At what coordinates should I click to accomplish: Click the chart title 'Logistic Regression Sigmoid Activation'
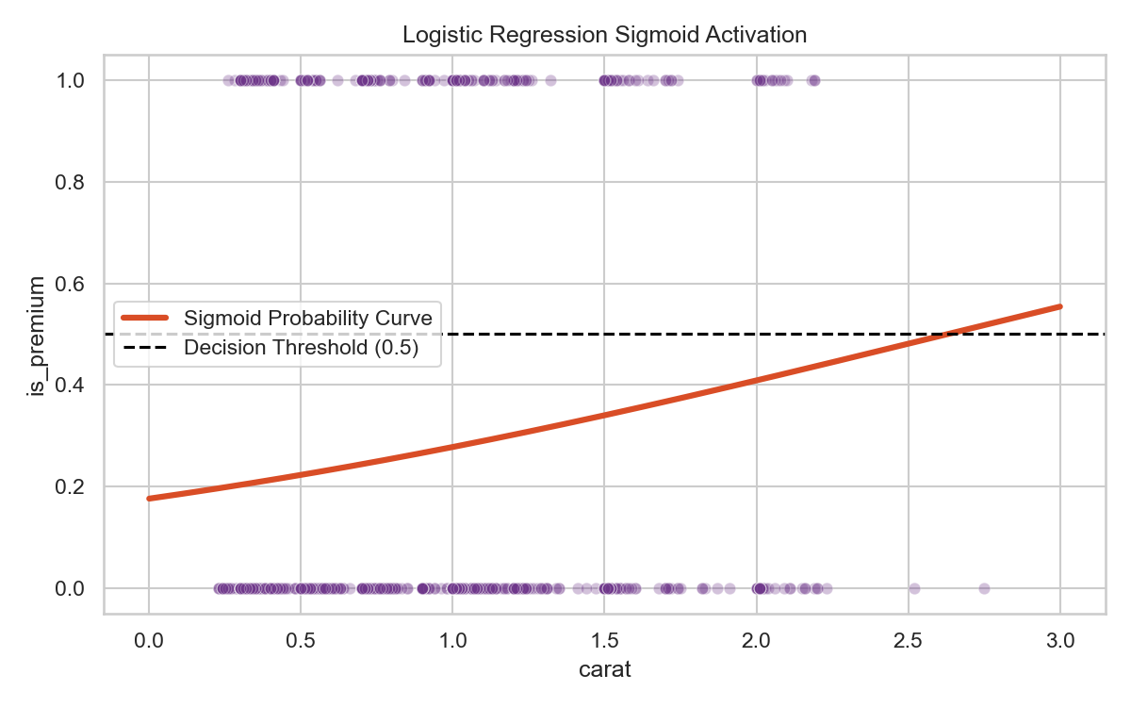604,36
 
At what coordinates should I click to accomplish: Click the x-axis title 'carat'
604,671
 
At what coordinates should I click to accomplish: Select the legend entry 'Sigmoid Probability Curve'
307,319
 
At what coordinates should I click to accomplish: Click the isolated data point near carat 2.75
984,588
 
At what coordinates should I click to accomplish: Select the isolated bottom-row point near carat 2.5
913,588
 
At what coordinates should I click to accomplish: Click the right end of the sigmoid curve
1060,306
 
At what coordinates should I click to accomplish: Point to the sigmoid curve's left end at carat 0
149,498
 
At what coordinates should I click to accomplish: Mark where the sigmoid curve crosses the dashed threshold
945,334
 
